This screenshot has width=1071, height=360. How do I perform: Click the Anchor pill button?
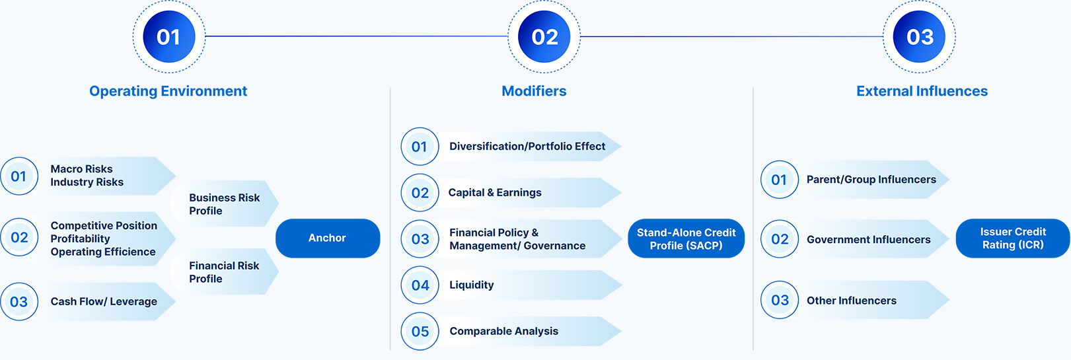328,238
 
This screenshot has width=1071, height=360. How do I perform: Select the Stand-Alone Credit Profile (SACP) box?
686,238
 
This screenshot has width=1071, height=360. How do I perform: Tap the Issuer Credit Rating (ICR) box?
1013,238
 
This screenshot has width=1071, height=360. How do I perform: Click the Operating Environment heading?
168,91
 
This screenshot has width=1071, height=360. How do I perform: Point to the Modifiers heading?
534,91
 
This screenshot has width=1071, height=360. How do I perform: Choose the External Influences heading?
922,91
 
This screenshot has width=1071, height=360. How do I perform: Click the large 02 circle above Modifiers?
544,37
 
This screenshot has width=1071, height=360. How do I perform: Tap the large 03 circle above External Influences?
919,37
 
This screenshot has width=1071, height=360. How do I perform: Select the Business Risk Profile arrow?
224,203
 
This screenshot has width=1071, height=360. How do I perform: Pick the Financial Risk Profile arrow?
224,271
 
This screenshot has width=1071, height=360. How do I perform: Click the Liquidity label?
472,285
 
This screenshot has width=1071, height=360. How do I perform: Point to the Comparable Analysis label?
504,331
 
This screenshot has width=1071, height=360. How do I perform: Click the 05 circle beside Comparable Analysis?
420,332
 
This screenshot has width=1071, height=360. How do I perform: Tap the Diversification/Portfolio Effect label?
527,146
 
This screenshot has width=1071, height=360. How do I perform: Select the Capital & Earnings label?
495,192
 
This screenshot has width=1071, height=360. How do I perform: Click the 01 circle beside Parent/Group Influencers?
780,180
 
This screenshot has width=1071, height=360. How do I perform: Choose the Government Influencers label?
869,240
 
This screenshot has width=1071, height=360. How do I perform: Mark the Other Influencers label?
852,301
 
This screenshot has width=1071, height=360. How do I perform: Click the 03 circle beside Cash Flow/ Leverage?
19,302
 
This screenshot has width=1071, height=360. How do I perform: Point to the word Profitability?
81,238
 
